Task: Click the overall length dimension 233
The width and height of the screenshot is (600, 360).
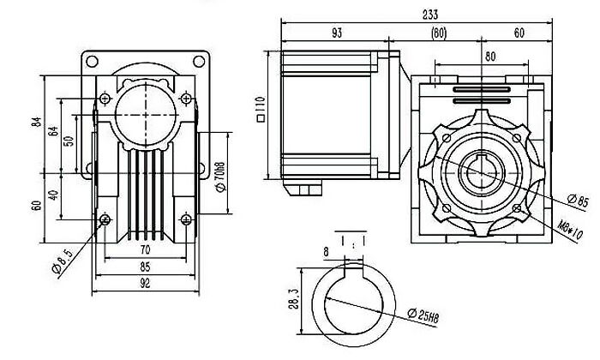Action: click(430, 15)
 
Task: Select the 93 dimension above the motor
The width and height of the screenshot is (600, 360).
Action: click(336, 33)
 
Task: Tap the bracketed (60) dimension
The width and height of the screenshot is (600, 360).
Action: click(439, 33)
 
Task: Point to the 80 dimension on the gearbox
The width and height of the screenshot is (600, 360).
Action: click(490, 57)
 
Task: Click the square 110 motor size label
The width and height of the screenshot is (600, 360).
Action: click(261, 109)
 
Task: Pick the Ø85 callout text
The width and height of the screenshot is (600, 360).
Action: click(578, 201)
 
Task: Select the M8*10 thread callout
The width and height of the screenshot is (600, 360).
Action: click(570, 230)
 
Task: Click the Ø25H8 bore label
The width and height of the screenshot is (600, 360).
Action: click(423, 315)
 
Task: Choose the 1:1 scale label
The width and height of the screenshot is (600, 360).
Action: click(353, 242)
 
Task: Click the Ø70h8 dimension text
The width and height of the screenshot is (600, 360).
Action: click(221, 177)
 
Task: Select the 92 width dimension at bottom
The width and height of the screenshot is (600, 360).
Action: click(145, 283)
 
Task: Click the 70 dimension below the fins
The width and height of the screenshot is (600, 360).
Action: click(145, 250)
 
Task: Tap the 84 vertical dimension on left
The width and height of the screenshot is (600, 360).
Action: click(36, 122)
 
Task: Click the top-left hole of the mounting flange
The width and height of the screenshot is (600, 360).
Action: click(92, 61)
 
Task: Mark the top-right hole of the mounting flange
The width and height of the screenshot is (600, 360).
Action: click(199, 61)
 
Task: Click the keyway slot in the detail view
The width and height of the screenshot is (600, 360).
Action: click(353, 271)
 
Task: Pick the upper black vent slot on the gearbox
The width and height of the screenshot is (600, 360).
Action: click(482, 89)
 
